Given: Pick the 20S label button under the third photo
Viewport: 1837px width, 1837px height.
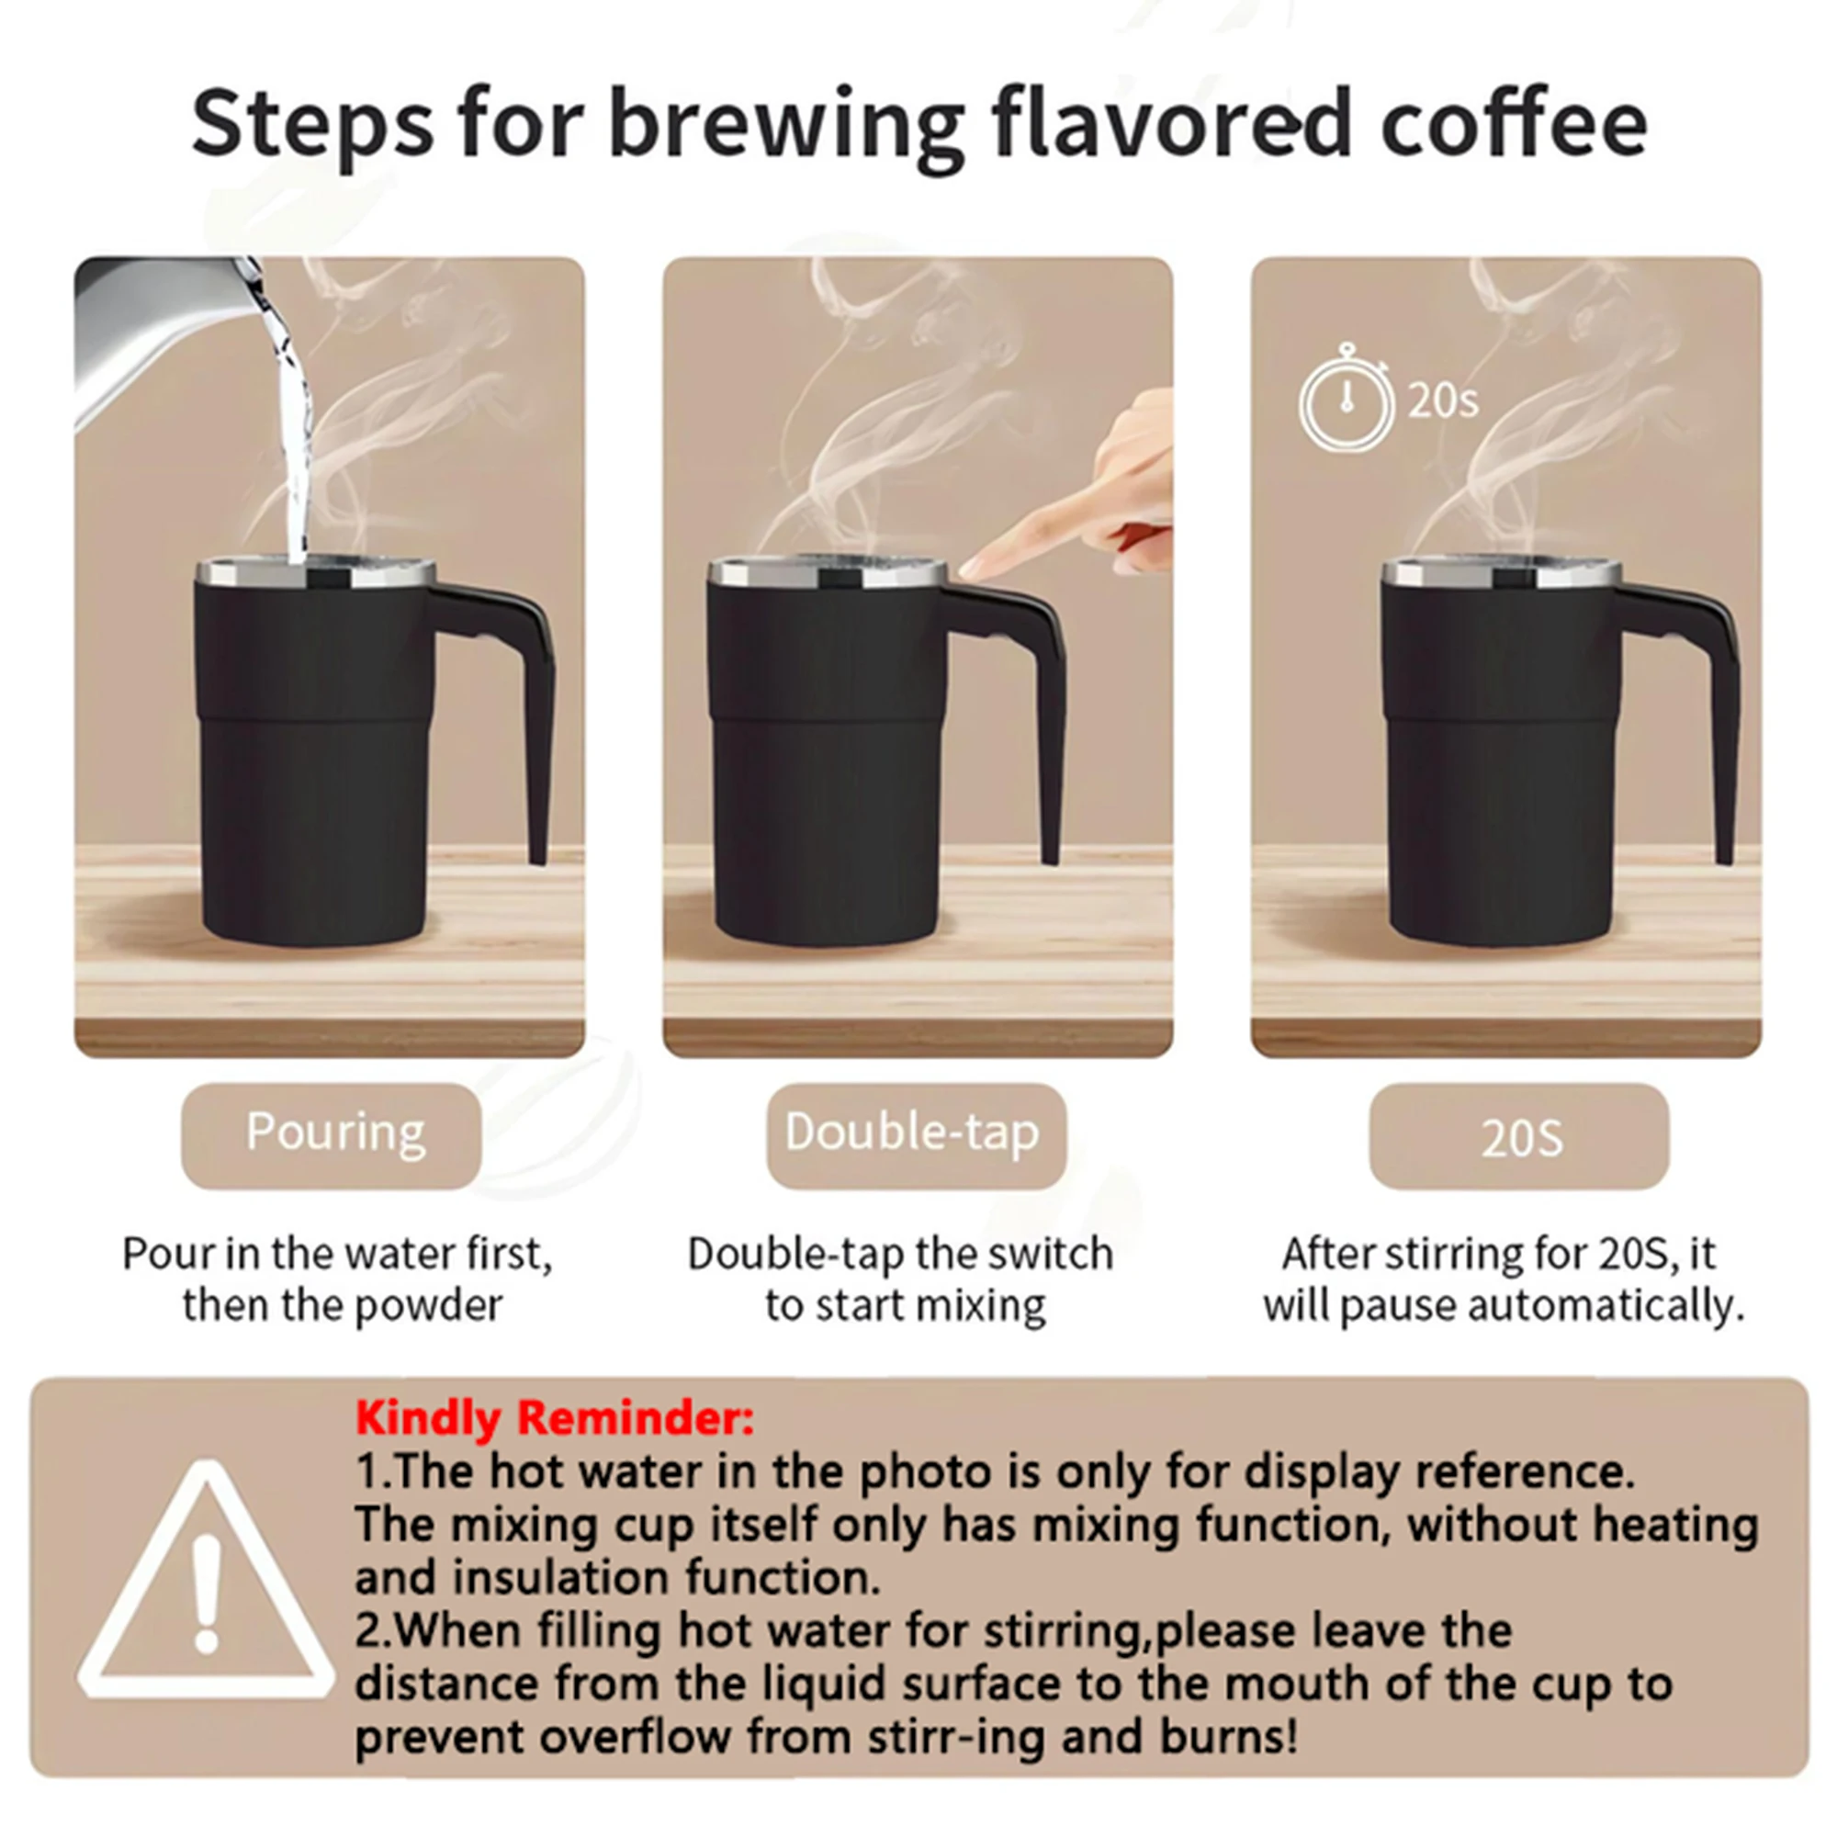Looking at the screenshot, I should (x=1518, y=1138).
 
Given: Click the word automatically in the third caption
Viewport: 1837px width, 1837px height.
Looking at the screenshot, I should (x=1606, y=1305).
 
